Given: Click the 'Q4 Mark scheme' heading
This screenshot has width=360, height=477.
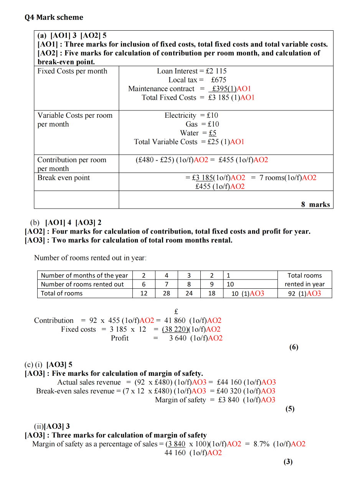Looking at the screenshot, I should point(54,17).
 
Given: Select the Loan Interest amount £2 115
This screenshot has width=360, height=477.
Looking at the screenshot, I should point(216,71).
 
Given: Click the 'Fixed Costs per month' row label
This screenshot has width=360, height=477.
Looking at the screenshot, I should point(72,71).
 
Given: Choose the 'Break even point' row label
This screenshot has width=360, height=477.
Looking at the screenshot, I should point(63,178).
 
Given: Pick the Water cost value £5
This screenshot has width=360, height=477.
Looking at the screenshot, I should point(213,133).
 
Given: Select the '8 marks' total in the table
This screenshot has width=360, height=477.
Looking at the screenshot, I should point(315,204).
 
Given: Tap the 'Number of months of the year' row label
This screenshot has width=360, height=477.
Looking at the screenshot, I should point(84,275).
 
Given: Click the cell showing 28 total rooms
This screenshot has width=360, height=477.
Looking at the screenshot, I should point(166,293).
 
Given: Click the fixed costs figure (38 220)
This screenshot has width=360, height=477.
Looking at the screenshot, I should point(175,329).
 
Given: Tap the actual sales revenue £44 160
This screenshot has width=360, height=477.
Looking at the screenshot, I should point(230,382).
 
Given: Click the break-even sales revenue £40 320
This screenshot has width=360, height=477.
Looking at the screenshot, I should point(229,391).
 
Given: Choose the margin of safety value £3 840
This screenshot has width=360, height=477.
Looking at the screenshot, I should point(228,400).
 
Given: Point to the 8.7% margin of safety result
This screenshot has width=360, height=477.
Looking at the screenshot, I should point(261,444).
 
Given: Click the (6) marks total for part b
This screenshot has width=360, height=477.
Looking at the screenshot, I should point(294,347).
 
